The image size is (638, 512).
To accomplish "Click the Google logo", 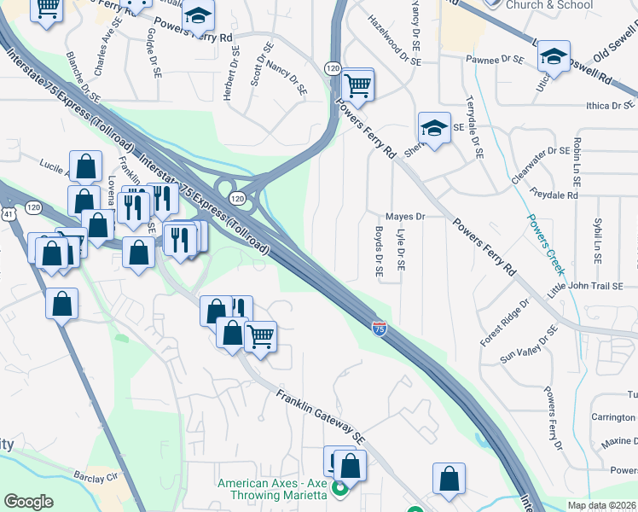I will coord(28,502).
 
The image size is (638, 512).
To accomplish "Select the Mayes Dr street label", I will coord(405,217).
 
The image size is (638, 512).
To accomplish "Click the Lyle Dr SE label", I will coord(401,249).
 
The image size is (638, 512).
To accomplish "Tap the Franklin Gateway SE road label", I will coord(320,416).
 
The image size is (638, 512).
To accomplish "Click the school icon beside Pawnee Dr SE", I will coord(553,58).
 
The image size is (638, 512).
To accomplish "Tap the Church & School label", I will coord(549,5).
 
